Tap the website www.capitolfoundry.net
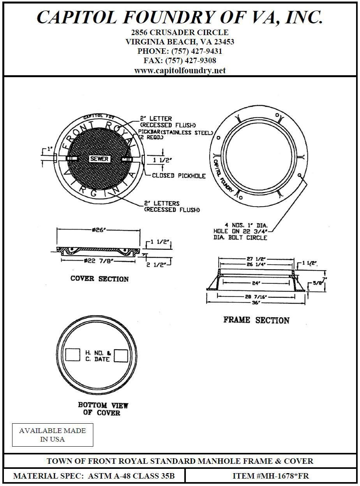click(180, 71)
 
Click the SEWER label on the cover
click(99, 159)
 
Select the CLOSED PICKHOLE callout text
click(178, 176)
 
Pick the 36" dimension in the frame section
click(255, 303)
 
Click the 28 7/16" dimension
click(255, 297)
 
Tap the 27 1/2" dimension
click(255, 259)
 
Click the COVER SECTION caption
click(99, 279)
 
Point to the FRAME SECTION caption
click(256, 320)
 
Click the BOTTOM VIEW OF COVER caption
click(103, 409)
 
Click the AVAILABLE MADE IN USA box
click(53, 435)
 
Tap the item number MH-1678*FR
click(271, 476)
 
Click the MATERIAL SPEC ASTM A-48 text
click(94, 476)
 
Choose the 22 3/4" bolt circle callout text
click(240, 231)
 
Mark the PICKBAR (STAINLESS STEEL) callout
click(175, 133)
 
